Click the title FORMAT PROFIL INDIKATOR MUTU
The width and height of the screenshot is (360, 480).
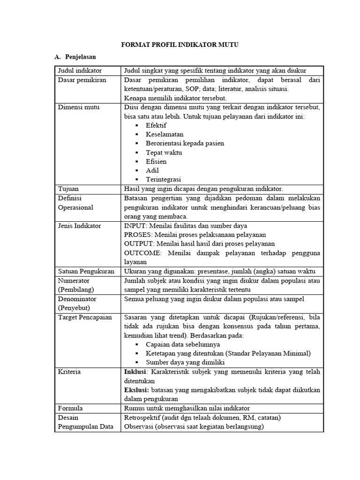point(180,45)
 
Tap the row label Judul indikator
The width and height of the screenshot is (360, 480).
point(80,71)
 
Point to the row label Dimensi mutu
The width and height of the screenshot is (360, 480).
point(78,107)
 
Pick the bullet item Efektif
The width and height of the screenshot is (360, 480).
point(156,126)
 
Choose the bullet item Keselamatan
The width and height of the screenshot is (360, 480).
point(165,135)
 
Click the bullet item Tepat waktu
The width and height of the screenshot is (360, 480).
point(164,152)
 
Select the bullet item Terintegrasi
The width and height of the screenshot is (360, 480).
point(163,179)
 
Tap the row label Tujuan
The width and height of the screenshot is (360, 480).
point(68,188)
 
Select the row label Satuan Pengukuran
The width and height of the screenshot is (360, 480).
point(86,271)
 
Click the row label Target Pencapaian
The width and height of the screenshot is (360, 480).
point(85,317)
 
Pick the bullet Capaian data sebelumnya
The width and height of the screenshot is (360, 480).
point(183,345)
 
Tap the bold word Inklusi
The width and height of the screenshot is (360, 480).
point(135,372)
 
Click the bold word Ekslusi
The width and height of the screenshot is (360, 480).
point(136,390)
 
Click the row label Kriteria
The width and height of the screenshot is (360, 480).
point(69,372)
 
